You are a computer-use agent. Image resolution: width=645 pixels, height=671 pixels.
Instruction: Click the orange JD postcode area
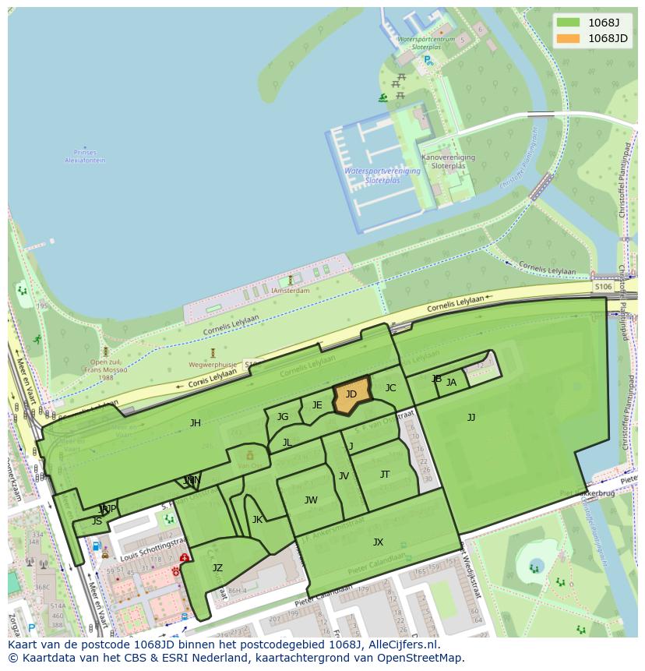pos(351,398)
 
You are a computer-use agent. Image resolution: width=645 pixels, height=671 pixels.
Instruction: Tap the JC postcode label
pos(391,388)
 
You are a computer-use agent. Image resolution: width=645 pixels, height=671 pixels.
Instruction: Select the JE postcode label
pos(317,405)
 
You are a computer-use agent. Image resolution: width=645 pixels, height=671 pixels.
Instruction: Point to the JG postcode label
pos(283,417)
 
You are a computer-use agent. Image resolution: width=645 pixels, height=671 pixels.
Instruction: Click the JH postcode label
pos(196,423)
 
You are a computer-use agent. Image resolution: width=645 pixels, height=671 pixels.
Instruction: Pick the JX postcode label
pos(378,542)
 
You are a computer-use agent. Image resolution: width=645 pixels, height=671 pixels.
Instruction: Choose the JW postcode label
pos(311,500)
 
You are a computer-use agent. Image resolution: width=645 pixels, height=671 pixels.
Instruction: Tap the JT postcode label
pos(385,475)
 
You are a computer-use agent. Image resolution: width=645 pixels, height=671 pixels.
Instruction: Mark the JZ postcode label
pos(217,568)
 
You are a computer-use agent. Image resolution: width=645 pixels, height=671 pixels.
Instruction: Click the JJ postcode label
pos(471,418)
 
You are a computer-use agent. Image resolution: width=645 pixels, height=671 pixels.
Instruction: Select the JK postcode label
pos(257,520)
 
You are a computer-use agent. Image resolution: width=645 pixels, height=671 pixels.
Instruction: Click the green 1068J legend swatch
pos(569,23)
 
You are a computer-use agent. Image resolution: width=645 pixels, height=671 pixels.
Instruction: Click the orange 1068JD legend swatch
pos(569,38)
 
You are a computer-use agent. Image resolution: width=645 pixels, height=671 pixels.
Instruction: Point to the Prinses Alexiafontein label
pos(85,157)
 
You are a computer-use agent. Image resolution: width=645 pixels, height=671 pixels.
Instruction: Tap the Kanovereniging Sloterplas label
pos(448,161)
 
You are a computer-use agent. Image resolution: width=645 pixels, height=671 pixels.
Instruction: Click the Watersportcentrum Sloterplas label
pos(425,42)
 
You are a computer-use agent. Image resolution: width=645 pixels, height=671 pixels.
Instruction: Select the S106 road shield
pos(603,287)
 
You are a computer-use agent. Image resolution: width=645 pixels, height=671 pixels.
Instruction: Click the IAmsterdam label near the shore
pos(291,291)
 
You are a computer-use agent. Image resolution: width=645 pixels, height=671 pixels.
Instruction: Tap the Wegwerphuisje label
pos(212,364)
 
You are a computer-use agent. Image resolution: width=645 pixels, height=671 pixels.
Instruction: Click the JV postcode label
pos(344,476)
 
